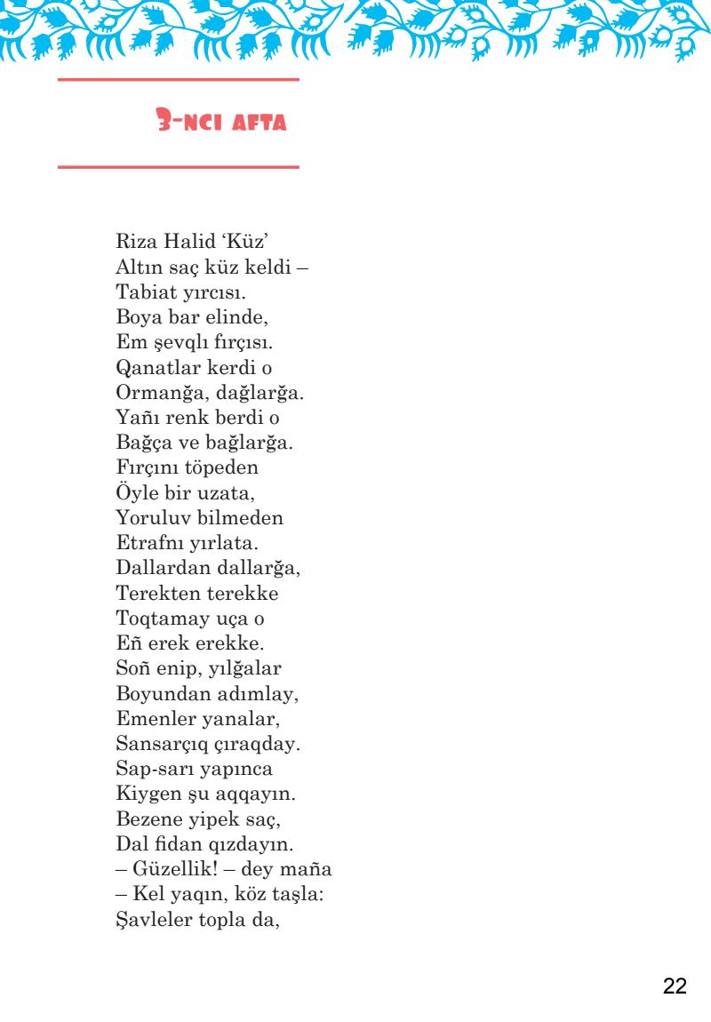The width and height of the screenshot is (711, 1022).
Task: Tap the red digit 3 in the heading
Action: tap(161, 122)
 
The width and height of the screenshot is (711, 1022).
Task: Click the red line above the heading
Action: tap(178, 80)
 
